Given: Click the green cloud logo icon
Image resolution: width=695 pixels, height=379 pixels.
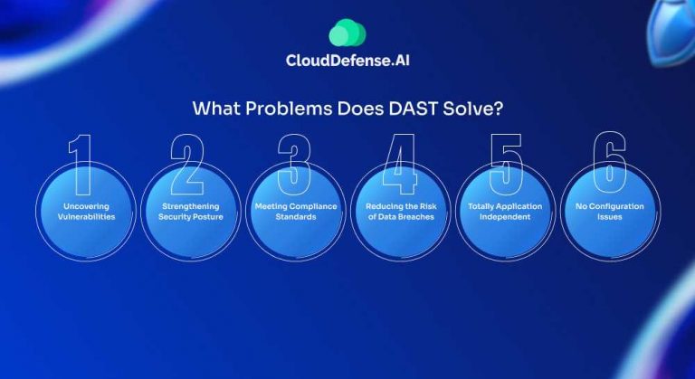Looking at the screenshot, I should point(347,33).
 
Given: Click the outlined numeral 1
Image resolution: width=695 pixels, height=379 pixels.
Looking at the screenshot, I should point(82,164).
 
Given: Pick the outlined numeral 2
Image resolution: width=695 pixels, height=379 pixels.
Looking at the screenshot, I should point(189,164).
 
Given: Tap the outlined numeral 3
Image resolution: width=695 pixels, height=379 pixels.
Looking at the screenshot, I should point(294,164).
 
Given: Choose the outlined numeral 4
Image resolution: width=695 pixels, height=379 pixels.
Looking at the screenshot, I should point(398,164).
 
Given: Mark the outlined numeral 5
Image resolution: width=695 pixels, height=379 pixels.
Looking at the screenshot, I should point(505,164).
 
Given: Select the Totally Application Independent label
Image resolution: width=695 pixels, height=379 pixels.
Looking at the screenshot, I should point(505,212).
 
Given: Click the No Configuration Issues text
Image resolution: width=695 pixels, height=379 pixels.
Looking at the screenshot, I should point(610,212).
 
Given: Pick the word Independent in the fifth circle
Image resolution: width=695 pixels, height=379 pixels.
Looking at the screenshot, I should point(505,217).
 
